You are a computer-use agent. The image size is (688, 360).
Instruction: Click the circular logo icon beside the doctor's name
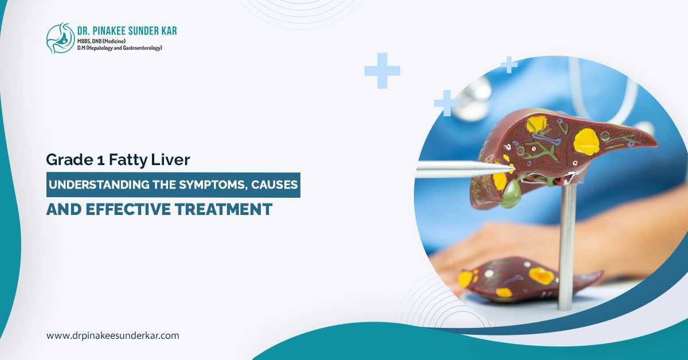tap(60, 38)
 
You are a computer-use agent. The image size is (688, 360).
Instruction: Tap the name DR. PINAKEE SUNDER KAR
tap(128, 30)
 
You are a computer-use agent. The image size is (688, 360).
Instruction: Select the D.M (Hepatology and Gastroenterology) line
tap(120, 48)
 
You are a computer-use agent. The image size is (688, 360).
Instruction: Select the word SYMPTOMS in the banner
tap(192, 186)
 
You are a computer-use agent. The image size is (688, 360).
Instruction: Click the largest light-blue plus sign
tap(382, 71)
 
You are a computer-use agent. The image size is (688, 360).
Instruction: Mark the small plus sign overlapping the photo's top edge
tap(509, 65)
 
